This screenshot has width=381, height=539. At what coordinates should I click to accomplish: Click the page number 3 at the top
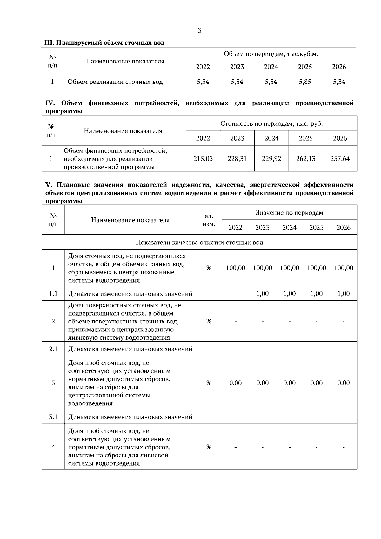[199, 30]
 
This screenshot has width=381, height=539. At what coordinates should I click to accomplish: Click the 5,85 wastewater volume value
[305, 82]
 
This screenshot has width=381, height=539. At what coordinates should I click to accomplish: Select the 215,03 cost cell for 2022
[203, 158]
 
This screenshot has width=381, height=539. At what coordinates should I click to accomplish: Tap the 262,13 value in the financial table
[306, 158]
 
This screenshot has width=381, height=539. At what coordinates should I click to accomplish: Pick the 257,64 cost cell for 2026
[340, 158]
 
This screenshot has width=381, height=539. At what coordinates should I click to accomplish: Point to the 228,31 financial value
[237, 158]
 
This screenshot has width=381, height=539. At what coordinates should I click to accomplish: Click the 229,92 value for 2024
[271, 158]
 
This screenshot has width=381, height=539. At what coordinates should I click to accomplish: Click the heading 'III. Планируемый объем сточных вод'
[104, 43]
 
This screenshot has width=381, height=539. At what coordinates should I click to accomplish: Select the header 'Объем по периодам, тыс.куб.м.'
[271, 54]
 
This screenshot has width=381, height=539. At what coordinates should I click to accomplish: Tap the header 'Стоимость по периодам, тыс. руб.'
[271, 123]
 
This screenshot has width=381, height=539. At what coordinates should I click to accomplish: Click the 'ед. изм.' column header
[209, 220]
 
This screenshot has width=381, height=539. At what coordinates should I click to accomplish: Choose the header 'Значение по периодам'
[289, 212]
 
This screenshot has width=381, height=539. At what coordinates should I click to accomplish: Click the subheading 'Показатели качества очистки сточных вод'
[199, 242]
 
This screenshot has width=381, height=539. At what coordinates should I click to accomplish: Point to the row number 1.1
[53, 294]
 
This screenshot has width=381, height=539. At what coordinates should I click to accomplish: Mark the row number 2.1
[53, 349]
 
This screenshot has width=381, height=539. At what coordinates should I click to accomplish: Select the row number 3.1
[53, 417]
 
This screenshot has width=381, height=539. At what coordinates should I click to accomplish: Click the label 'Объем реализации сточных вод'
[115, 82]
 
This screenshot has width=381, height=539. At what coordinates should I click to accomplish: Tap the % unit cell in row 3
[209, 383]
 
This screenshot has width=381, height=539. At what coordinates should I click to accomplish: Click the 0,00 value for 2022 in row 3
[235, 383]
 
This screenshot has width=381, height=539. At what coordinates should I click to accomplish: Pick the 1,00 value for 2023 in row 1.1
[262, 294]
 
